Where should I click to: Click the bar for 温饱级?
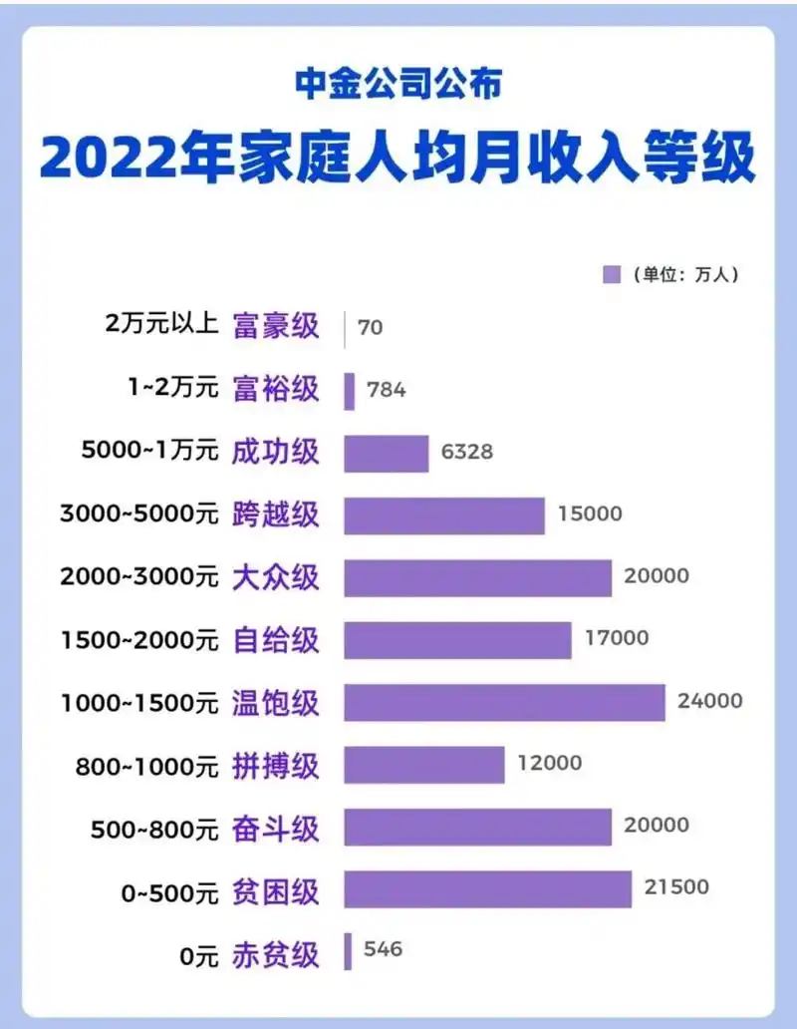coord(504,702)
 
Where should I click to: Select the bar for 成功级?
coord(387,453)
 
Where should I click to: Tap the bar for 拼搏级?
coord(424,765)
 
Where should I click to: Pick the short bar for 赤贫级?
coord(348,951)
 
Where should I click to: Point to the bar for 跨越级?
coord(444,515)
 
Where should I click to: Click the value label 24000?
coord(709,701)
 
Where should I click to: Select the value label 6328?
coord(466,452)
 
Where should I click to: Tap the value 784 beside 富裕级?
coord(386,390)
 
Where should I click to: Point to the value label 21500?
coord(676,887)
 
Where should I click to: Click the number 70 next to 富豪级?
coord(370,327)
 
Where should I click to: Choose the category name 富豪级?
coord(276,327)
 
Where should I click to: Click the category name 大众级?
coord(276,577)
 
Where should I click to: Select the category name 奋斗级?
coord(276,827)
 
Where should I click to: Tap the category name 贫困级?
coord(276,889)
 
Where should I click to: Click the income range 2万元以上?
coord(160,326)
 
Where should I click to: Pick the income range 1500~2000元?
coord(139,639)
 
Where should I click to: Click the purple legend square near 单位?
coord(612,275)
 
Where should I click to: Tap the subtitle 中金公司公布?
coord(398,84)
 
